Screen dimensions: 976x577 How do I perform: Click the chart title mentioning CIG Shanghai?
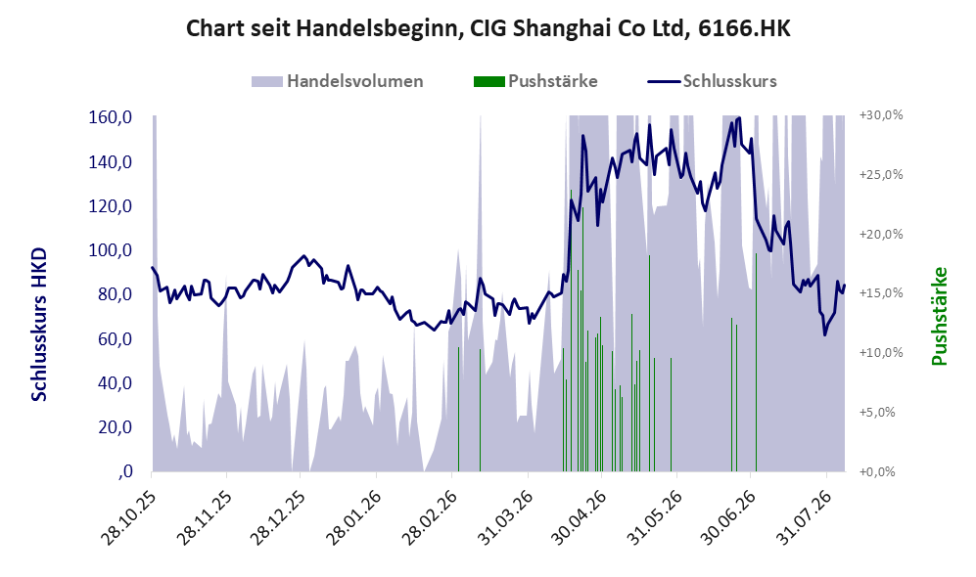[x=488, y=28]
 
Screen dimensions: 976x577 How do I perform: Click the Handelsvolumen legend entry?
[x=338, y=81]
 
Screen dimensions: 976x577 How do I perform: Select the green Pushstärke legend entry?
[x=535, y=81]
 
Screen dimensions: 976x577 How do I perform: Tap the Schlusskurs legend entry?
[x=712, y=81]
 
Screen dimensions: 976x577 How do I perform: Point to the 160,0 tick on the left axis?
[x=111, y=117]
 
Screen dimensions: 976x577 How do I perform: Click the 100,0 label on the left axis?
[x=111, y=250]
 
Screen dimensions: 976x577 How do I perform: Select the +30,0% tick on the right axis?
[x=881, y=115]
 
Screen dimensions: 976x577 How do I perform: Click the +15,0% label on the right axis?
[x=881, y=292]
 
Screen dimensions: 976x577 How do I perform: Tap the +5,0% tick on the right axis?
[x=877, y=413]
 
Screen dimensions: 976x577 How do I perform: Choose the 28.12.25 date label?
[x=279, y=518]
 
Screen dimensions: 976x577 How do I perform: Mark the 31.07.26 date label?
[x=806, y=518]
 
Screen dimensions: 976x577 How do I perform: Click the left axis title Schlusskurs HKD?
[x=39, y=325]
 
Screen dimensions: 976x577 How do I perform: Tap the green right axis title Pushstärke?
[x=939, y=317]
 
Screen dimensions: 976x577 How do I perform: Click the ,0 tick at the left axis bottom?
[x=124, y=471]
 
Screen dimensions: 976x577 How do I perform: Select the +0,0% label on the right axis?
[x=877, y=472]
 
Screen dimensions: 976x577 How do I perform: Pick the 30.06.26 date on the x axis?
[x=730, y=518]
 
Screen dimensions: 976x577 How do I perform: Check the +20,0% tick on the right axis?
[x=881, y=234]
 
